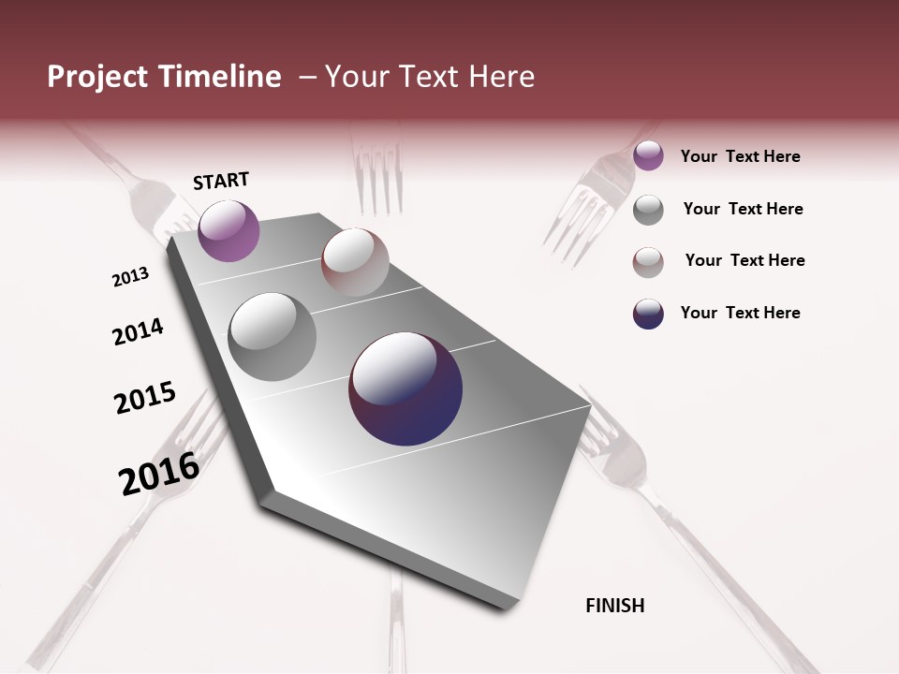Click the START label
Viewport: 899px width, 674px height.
tap(221, 181)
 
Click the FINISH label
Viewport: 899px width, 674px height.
tap(615, 606)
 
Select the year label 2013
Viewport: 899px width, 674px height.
tap(131, 277)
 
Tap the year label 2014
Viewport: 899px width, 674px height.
tap(138, 331)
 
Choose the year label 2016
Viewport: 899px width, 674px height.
tap(159, 473)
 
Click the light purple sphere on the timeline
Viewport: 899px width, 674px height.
tap(228, 230)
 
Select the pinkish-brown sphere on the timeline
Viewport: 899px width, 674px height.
tap(355, 262)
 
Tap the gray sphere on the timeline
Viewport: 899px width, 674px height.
tap(272, 337)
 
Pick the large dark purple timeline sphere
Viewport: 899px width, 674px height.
tap(405, 388)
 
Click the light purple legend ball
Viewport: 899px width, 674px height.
tap(648, 156)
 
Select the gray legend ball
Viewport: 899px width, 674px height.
tap(648, 210)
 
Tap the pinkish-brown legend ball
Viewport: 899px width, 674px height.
tap(648, 262)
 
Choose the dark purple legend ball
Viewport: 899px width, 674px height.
tap(648, 314)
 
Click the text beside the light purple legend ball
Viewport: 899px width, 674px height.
tap(740, 156)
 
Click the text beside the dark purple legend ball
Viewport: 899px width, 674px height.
tap(740, 313)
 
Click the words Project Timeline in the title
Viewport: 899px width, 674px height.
tap(164, 77)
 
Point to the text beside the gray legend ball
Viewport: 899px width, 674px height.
tap(743, 209)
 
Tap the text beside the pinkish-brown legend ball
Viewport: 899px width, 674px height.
tap(744, 260)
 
